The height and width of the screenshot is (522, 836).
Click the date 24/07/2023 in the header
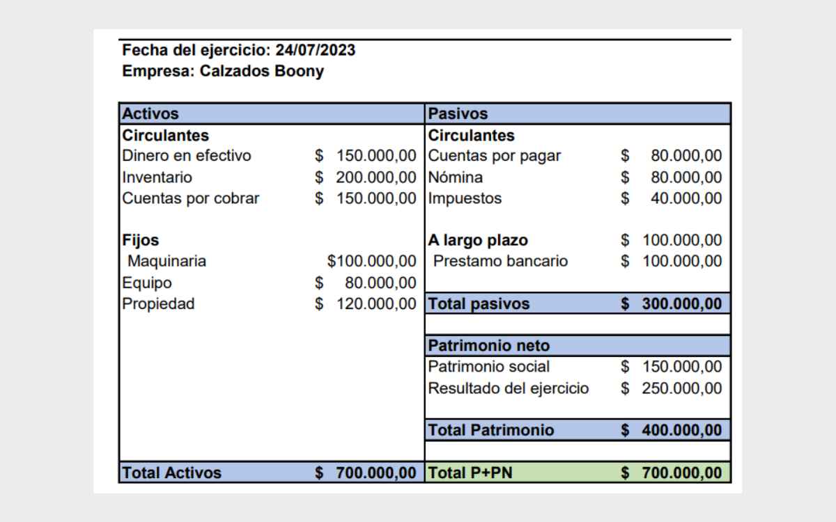click(x=316, y=50)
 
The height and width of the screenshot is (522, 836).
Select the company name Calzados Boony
click(x=262, y=71)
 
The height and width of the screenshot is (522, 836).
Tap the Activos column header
click(x=151, y=113)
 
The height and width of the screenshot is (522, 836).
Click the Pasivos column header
click(x=458, y=113)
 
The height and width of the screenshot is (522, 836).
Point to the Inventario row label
click(x=157, y=177)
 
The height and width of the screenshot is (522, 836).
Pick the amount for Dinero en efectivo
click(x=376, y=156)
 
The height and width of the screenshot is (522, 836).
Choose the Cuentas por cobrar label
click(x=191, y=198)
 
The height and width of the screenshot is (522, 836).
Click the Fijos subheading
click(x=141, y=240)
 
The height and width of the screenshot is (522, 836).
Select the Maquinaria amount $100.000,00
click(x=371, y=262)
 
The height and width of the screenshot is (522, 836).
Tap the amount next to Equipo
click(x=380, y=283)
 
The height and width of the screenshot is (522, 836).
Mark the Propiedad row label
click(x=158, y=304)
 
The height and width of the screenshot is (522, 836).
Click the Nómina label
click(x=455, y=177)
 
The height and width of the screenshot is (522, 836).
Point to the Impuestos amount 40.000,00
click(x=686, y=198)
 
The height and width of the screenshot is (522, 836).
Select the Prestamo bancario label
click(x=500, y=262)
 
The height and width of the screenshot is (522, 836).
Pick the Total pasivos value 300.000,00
click(x=681, y=304)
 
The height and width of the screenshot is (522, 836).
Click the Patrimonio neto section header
click(x=488, y=346)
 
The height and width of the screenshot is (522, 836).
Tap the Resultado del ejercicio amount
click(x=681, y=388)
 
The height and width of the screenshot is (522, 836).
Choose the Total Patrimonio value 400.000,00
click(x=681, y=430)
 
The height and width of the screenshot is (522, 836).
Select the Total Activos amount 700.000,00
click(x=376, y=473)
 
